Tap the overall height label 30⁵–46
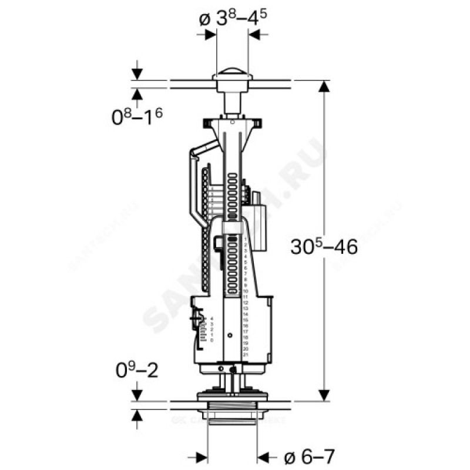324,247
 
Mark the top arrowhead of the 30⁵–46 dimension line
323,86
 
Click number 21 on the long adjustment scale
246,354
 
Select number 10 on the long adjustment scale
246,291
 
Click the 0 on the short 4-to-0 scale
212,340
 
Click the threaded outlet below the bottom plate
232,417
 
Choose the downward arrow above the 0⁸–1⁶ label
137,74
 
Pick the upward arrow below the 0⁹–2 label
137,416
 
